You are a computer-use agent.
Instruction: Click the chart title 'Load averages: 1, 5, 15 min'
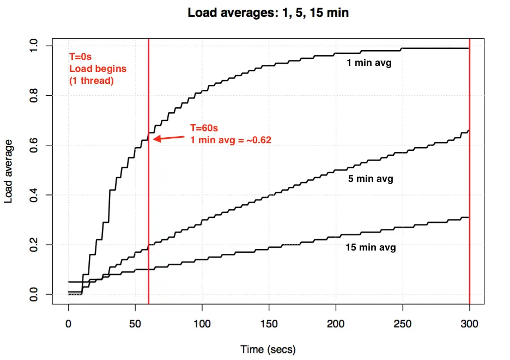click(268, 13)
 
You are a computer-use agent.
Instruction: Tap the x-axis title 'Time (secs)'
click(268, 349)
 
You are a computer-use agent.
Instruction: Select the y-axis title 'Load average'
click(9, 170)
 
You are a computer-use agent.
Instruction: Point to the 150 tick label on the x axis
click(269, 324)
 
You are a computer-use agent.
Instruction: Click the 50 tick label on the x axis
click(135, 324)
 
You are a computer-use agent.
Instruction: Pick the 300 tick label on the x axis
click(469, 324)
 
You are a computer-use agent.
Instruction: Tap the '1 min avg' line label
click(369, 63)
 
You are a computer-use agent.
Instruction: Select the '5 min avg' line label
click(371, 178)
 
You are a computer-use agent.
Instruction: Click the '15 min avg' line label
click(371, 247)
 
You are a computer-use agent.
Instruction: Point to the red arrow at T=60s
click(168, 137)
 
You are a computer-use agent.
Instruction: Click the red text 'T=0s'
click(81, 57)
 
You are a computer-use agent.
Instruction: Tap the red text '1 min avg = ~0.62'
click(230, 140)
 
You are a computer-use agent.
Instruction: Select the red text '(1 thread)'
click(90, 81)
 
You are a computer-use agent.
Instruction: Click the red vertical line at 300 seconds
click(469, 163)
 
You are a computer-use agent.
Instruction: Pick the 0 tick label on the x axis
click(68, 324)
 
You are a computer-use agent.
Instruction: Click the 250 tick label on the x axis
click(403, 324)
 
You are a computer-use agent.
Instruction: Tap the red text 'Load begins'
click(97, 69)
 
